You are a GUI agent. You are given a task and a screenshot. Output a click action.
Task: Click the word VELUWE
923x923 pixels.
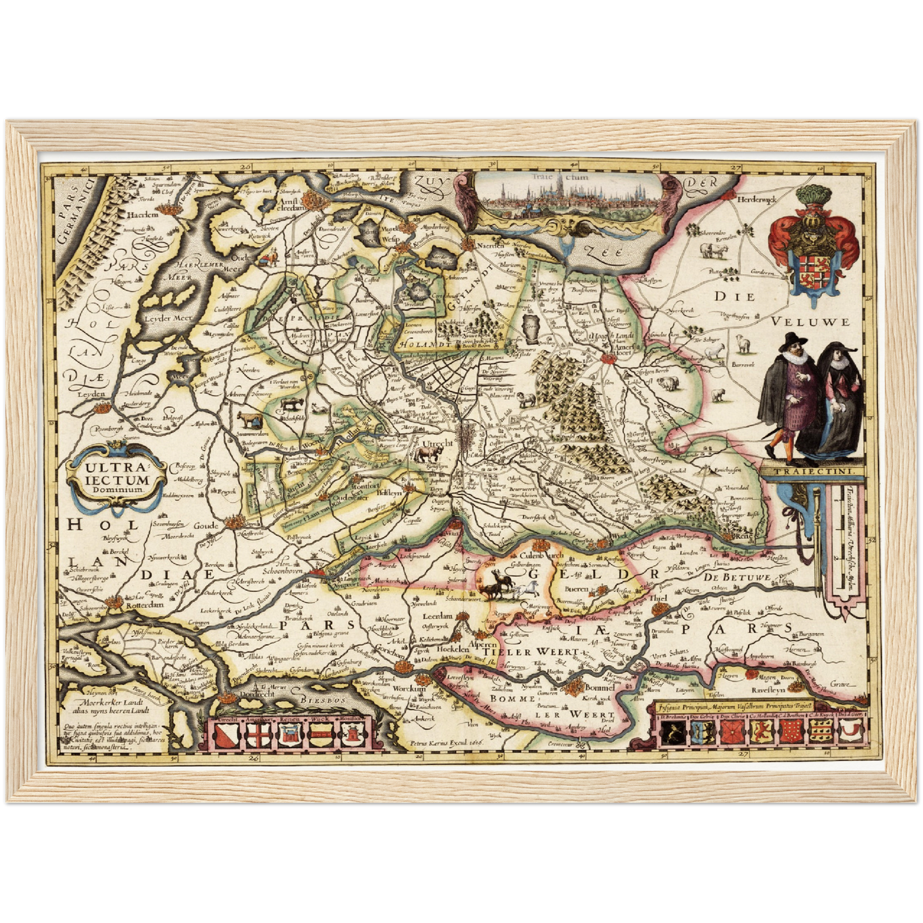tap(810, 322)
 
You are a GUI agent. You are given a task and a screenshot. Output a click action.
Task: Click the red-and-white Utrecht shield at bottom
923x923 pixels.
tap(228, 735)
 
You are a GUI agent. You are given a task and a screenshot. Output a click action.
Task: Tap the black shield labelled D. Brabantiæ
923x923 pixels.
tap(672, 733)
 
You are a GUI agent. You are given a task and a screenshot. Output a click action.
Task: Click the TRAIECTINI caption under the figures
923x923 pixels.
tap(811, 473)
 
